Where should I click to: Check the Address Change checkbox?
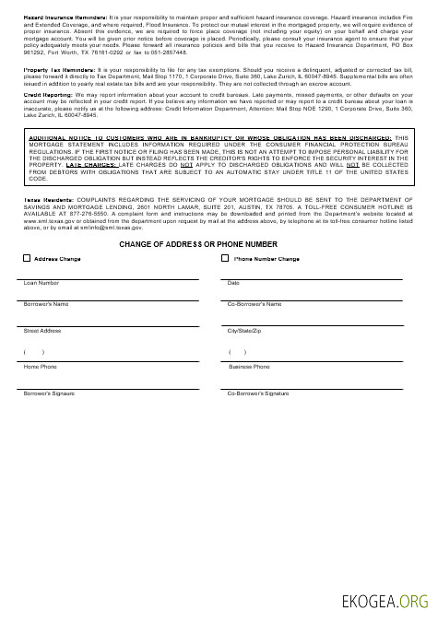point(26,259)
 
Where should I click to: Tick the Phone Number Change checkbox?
point(225,259)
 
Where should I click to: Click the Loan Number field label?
point(41,283)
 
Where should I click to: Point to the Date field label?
point(233,283)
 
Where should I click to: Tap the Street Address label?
point(42,330)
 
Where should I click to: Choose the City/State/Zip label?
point(244,330)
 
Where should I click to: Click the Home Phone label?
point(40,367)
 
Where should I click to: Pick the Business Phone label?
point(249,367)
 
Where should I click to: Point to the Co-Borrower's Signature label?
point(258,393)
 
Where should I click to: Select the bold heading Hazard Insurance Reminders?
point(58,18)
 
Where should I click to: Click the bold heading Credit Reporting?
point(45,95)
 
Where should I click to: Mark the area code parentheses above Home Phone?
point(34,352)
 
